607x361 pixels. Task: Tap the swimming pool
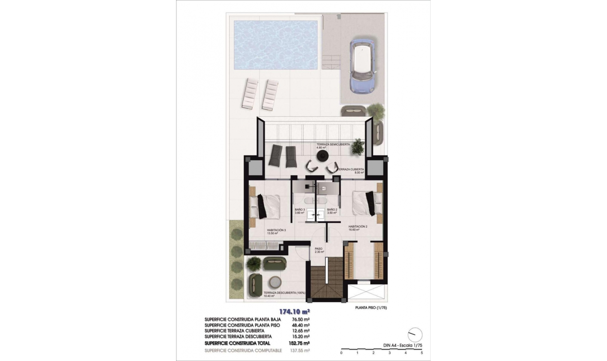(276, 45)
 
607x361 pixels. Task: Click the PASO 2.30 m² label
(319, 250)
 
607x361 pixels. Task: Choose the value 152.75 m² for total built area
(299, 343)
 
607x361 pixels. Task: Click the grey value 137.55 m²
(299, 351)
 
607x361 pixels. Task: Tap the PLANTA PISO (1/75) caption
(371, 307)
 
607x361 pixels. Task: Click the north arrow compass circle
(415, 335)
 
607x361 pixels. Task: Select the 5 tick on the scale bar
(422, 352)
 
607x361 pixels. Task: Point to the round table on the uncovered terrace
(275, 282)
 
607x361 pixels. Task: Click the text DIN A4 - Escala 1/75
(400, 345)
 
